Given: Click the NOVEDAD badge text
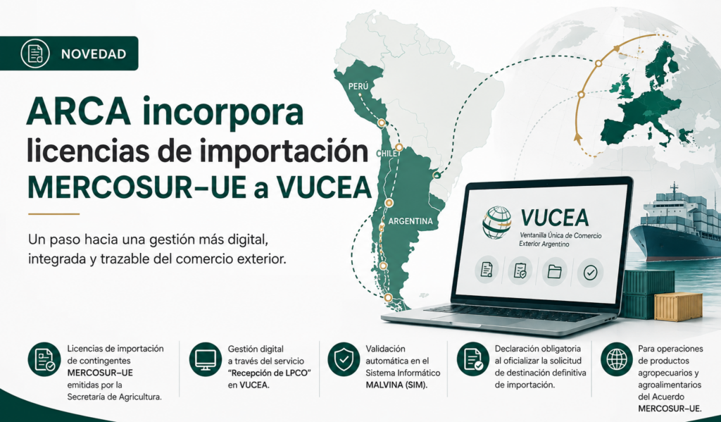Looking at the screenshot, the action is pyautogui.click(x=94, y=54).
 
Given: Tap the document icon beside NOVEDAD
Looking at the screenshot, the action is pyautogui.click(x=35, y=54).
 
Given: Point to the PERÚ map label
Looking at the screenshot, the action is pyautogui.click(x=358, y=86).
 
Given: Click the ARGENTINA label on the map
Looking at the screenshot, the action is pyautogui.click(x=410, y=221).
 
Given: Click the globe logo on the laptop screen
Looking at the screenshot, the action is pyautogui.click(x=496, y=223).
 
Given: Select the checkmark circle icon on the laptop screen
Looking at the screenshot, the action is pyautogui.click(x=590, y=273).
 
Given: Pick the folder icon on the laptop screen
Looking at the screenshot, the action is pyautogui.click(x=555, y=271).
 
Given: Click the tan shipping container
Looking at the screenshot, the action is pyautogui.click(x=678, y=306).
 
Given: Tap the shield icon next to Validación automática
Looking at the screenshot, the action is pyautogui.click(x=344, y=360).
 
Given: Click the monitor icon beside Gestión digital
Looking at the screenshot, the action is pyautogui.click(x=205, y=359).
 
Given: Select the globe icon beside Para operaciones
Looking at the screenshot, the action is pyautogui.click(x=617, y=359).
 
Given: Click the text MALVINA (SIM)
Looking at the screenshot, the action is pyautogui.click(x=396, y=385).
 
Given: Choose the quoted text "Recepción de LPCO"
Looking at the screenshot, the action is pyautogui.click(x=270, y=373).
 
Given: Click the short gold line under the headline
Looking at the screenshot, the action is pyautogui.click(x=54, y=214).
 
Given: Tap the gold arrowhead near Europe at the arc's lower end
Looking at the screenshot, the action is pyautogui.click(x=578, y=137).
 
